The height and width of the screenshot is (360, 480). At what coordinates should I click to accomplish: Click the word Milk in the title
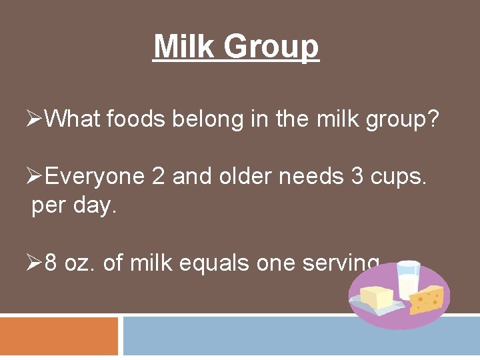(185, 47)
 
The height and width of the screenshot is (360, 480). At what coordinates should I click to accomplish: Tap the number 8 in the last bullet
(51, 263)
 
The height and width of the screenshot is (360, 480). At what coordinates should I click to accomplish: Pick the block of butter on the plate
(377, 297)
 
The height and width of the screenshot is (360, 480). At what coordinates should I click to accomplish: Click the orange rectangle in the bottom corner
(59, 336)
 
